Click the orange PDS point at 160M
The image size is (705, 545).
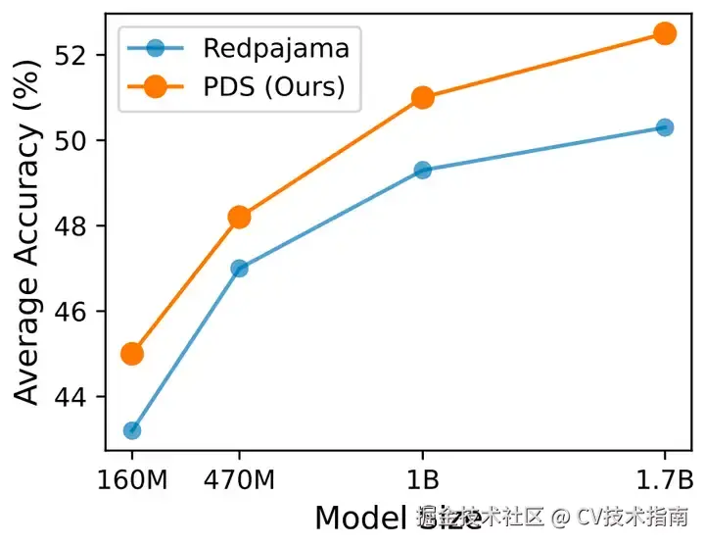(132, 353)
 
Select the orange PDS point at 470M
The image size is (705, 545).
(239, 217)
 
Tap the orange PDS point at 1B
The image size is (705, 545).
(423, 97)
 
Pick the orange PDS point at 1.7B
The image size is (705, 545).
(665, 33)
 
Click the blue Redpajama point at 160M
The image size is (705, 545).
(132, 430)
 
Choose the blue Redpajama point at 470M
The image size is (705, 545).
(239, 268)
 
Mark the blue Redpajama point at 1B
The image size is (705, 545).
(423, 170)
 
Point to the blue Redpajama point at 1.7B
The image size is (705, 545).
(665, 127)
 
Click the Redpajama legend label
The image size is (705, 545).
(276, 46)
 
